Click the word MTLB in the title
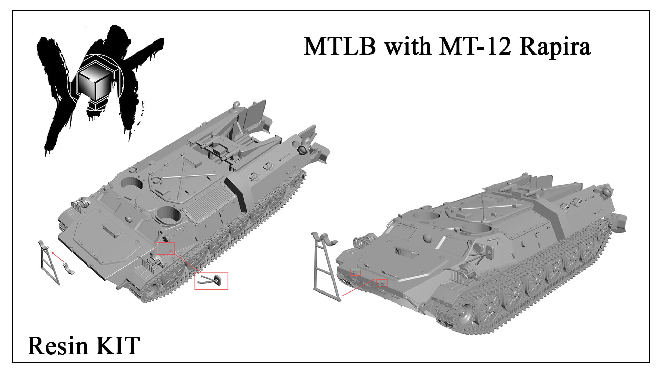coord(340,46)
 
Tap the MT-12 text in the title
coord(475,46)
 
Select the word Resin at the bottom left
coord(58,346)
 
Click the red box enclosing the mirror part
coord(211,281)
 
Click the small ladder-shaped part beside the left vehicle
coord(49,262)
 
